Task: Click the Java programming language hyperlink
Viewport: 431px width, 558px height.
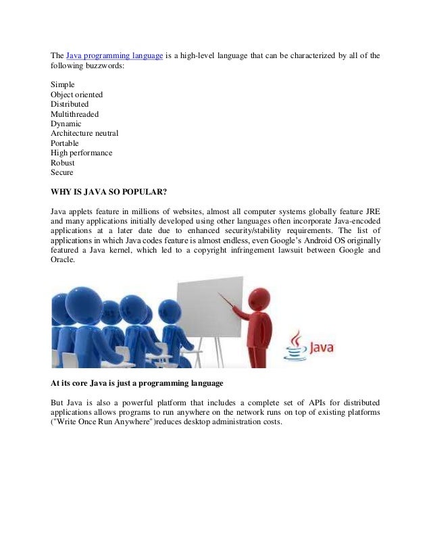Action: [114, 55]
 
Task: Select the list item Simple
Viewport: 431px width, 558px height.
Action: [63, 84]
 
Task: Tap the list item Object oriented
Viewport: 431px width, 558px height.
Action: [76, 95]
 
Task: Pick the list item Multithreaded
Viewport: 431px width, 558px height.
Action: [74, 114]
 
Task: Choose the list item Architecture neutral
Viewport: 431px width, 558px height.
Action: [84, 134]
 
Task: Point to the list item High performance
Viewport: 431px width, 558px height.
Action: [81, 153]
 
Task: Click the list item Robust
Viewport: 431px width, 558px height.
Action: [62, 163]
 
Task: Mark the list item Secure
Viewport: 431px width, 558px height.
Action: [61, 173]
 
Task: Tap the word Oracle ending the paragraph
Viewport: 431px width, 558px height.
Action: [64, 261]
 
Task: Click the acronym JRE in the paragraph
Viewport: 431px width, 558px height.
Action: [372, 212]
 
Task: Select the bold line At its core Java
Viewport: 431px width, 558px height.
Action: [136, 384]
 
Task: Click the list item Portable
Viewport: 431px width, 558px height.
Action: [64, 143]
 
